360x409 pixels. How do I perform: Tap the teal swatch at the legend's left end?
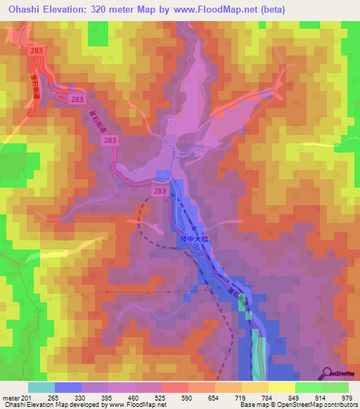(41, 387)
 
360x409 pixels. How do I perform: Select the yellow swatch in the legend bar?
(282, 387)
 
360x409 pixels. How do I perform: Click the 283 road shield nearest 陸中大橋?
(160, 190)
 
